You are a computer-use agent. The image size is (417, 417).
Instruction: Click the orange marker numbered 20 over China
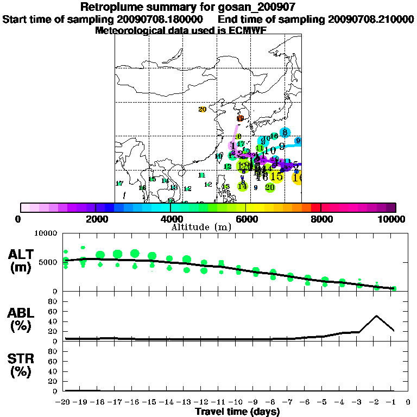coord(203,110)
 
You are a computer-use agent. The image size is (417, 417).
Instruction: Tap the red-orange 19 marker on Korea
coord(240,118)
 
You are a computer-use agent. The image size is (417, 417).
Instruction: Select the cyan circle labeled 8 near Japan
coord(285,132)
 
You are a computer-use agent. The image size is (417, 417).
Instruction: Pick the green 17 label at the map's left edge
coord(119,184)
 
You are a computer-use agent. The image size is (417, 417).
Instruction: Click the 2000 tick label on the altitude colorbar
coord(95,219)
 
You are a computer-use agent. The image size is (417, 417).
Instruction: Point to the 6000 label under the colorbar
coord(246,219)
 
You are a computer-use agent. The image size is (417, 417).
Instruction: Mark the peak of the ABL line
coord(376,315)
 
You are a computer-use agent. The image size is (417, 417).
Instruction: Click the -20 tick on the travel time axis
coord(65,402)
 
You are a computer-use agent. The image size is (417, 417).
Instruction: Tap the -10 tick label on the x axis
coord(237,402)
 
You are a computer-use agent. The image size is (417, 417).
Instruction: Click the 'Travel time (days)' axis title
coord(237,412)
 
